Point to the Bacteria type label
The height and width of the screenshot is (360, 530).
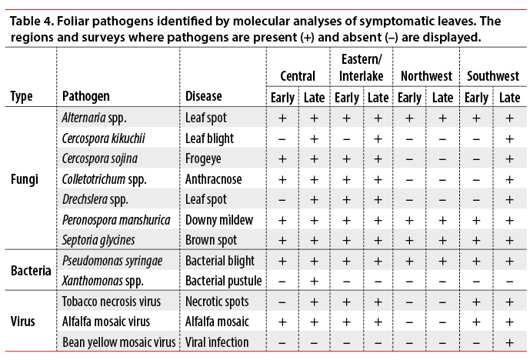pyautogui.click(x=31, y=271)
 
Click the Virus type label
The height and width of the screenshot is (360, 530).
pyautogui.click(x=24, y=322)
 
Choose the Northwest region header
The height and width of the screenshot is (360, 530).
pyautogui.click(x=426, y=76)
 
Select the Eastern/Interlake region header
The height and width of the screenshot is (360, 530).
pyautogui.click(x=362, y=68)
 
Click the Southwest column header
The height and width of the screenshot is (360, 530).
pyautogui.click(x=493, y=76)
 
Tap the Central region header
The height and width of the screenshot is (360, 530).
pyautogui.click(x=298, y=76)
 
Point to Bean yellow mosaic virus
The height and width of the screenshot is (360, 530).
pyautogui.click(x=118, y=342)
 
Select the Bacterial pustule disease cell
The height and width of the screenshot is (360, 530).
pyautogui.click(x=223, y=281)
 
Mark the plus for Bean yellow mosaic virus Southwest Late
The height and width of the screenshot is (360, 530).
pyautogui.click(x=509, y=342)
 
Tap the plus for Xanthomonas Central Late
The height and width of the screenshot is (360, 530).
pyautogui.click(x=314, y=281)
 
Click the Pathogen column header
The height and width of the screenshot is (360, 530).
pyautogui.click(x=86, y=97)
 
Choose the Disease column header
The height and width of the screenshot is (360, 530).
pyautogui.click(x=203, y=97)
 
